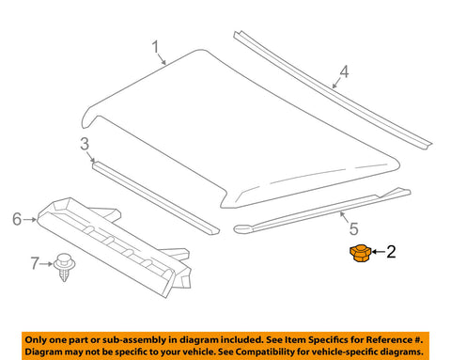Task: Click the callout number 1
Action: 155,47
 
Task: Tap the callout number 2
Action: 391,252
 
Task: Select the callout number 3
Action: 85,144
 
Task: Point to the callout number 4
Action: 344,71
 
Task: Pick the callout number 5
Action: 353,228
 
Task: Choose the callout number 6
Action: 17,219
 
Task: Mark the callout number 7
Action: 35,263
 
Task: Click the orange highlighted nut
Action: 360,253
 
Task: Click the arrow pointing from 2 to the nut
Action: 379,252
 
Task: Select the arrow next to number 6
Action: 30,220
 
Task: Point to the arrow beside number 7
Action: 46,264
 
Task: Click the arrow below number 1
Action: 162,59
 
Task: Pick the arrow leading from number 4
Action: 336,83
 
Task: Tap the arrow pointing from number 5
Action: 345,217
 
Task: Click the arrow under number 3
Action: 91,157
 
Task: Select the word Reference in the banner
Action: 389,339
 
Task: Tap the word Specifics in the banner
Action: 334,340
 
